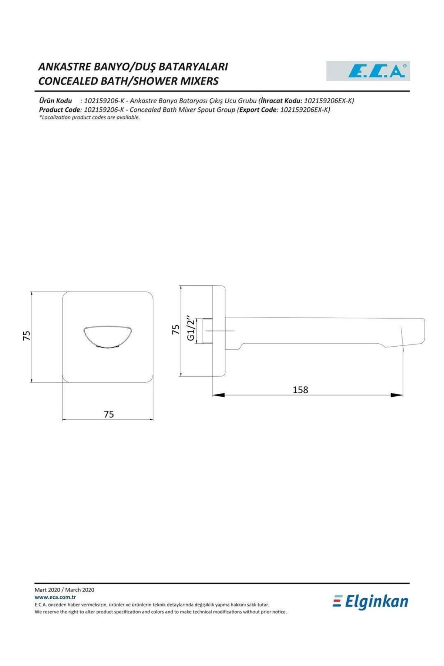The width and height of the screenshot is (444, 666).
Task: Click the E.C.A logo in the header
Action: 368,71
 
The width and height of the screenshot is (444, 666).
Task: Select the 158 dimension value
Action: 300,390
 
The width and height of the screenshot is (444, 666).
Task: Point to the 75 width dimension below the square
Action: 108,414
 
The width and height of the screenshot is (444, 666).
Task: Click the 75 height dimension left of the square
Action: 26,336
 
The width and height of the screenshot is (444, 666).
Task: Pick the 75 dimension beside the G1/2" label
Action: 175,329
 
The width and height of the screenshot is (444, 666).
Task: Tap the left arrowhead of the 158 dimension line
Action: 218,395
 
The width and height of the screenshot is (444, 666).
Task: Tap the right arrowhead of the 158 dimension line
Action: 397,395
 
